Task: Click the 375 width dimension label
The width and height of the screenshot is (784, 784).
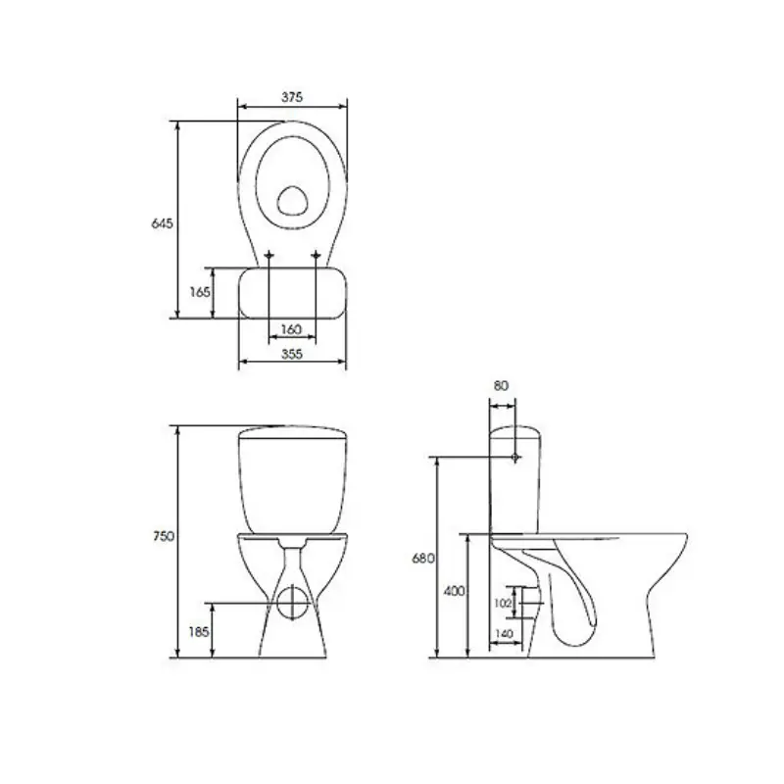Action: [x=292, y=96]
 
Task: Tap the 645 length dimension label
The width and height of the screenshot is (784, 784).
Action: [x=162, y=223]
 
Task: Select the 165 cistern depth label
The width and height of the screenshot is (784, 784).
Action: [x=200, y=292]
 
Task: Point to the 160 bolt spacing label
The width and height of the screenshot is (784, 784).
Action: [x=291, y=329]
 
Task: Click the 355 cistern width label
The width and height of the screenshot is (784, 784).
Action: [x=292, y=354]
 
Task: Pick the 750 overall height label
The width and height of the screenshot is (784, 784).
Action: [x=164, y=536]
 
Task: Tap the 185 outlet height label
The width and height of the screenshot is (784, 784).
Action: [x=199, y=632]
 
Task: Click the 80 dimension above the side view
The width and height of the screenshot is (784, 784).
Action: [x=501, y=385]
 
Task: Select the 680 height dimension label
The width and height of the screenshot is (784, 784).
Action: [x=423, y=559]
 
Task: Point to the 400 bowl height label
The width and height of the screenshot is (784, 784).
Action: [x=454, y=591]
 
